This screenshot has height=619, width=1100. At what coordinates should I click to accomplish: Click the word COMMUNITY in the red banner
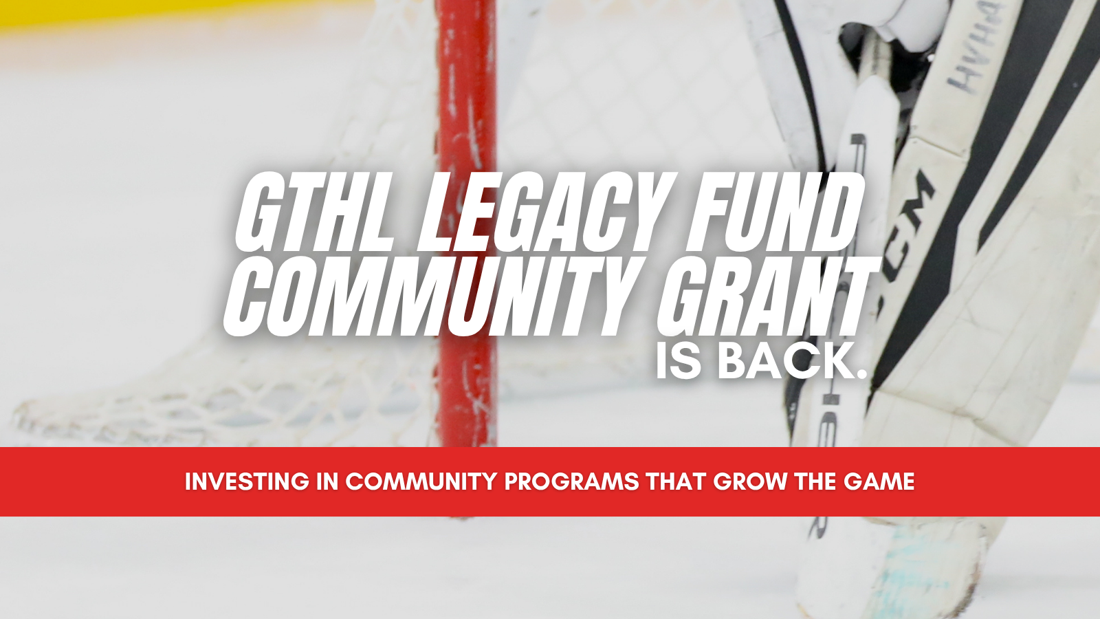click(422, 482)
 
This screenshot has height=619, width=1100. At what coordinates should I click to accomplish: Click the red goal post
click(465, 221)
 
